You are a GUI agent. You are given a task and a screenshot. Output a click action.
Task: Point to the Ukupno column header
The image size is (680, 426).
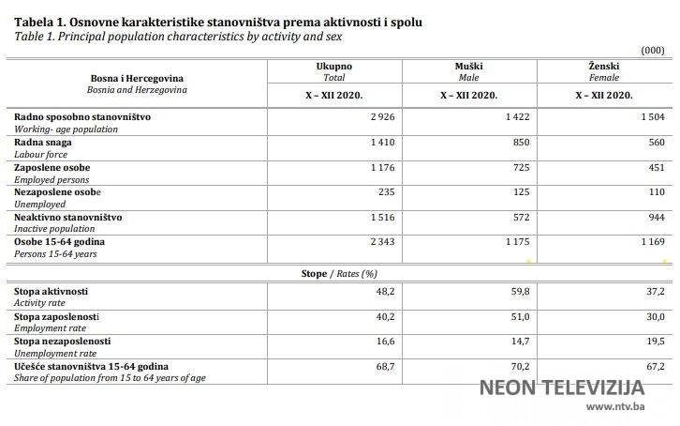pyautogui.click(x=334, y=68)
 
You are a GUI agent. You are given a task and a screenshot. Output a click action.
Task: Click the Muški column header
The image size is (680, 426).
pyautogui.click(x=468, y=68)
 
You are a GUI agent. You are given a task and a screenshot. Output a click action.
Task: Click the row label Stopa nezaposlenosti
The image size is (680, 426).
pyautogui.click(x=63, y=342)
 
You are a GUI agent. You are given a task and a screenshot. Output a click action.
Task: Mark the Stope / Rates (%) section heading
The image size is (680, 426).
pyautogui.click(x=338, y=273)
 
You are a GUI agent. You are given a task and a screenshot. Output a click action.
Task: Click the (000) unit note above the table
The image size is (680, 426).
pyautogui.click(x=652, y=49)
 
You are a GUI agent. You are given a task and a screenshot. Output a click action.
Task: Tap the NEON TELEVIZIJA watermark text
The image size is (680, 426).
pyautogui.click(x=562, y=387)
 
